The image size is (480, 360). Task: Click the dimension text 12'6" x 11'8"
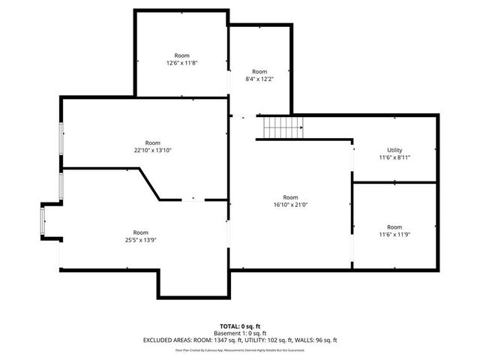pyautogui.click(x=182, y=64)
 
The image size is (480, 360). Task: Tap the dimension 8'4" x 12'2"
pyautogui.click(x=259, y=79)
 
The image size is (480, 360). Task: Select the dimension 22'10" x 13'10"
pyautogui.click(x=153, y=151)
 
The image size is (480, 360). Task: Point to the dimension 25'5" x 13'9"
pyautogui.click(x=141, y=240)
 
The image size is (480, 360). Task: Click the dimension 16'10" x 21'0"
pyautogui.click(x=290, y=205)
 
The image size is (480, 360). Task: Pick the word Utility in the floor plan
pyautogui.click(x=394, y=150)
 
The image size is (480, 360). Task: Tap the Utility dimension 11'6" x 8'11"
pyautogui.click(x=394, y=157)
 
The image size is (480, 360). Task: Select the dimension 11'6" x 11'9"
pyautogui.click(x=394, y=235)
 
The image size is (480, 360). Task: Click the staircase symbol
pyautogui.click(x=282, y=127)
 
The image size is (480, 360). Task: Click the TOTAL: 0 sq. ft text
pyautogui.click(x=240, y=326)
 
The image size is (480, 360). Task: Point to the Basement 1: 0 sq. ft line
pyautogui.click(x=240, y=333)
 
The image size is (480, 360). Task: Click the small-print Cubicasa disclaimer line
pyautogui.click(x=240, y=349)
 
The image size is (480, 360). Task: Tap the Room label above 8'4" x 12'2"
pyautogui.click(x=259, y=71)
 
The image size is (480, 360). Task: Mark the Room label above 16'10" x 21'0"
pyautogui.click(x=290, y=197)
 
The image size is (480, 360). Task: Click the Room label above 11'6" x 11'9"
pyautogui.click(x=394, y=227)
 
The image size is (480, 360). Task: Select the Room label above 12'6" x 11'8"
pyautogui.click(x=182, y=55)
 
